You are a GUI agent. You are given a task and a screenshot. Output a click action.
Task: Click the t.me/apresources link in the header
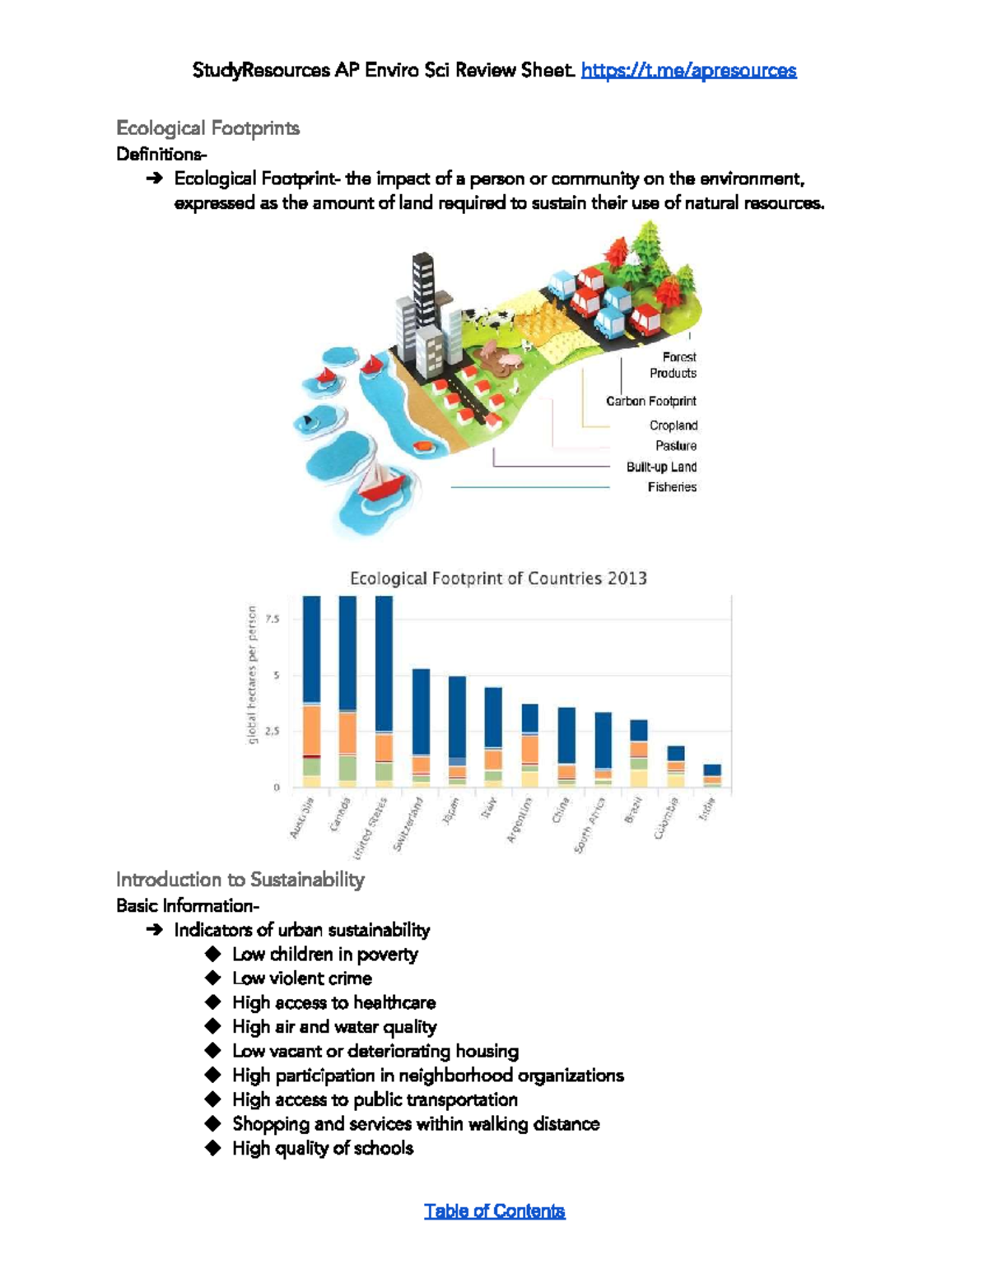688,71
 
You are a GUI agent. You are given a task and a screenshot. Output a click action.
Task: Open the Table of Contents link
494,1211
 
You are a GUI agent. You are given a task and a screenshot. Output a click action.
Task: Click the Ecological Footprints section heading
207,128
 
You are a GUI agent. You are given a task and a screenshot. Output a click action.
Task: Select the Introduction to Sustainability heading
240,880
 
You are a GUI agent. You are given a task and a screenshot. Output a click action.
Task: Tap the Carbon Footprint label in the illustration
650,402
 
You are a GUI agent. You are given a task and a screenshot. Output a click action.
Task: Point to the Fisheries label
672,487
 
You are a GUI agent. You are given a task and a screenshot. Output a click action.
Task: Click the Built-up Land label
661,467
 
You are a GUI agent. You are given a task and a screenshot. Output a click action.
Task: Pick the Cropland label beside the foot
673,425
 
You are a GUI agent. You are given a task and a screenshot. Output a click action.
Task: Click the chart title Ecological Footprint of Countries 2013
498,579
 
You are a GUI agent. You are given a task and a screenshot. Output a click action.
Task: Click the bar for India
712,776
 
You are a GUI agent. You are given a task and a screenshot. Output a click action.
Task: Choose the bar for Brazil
639,753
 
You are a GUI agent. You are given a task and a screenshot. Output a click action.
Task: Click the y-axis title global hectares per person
253,675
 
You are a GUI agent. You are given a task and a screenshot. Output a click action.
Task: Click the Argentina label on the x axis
520,820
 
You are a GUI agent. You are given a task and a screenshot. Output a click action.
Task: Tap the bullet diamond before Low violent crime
213,978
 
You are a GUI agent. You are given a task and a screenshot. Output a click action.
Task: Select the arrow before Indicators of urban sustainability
154,930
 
